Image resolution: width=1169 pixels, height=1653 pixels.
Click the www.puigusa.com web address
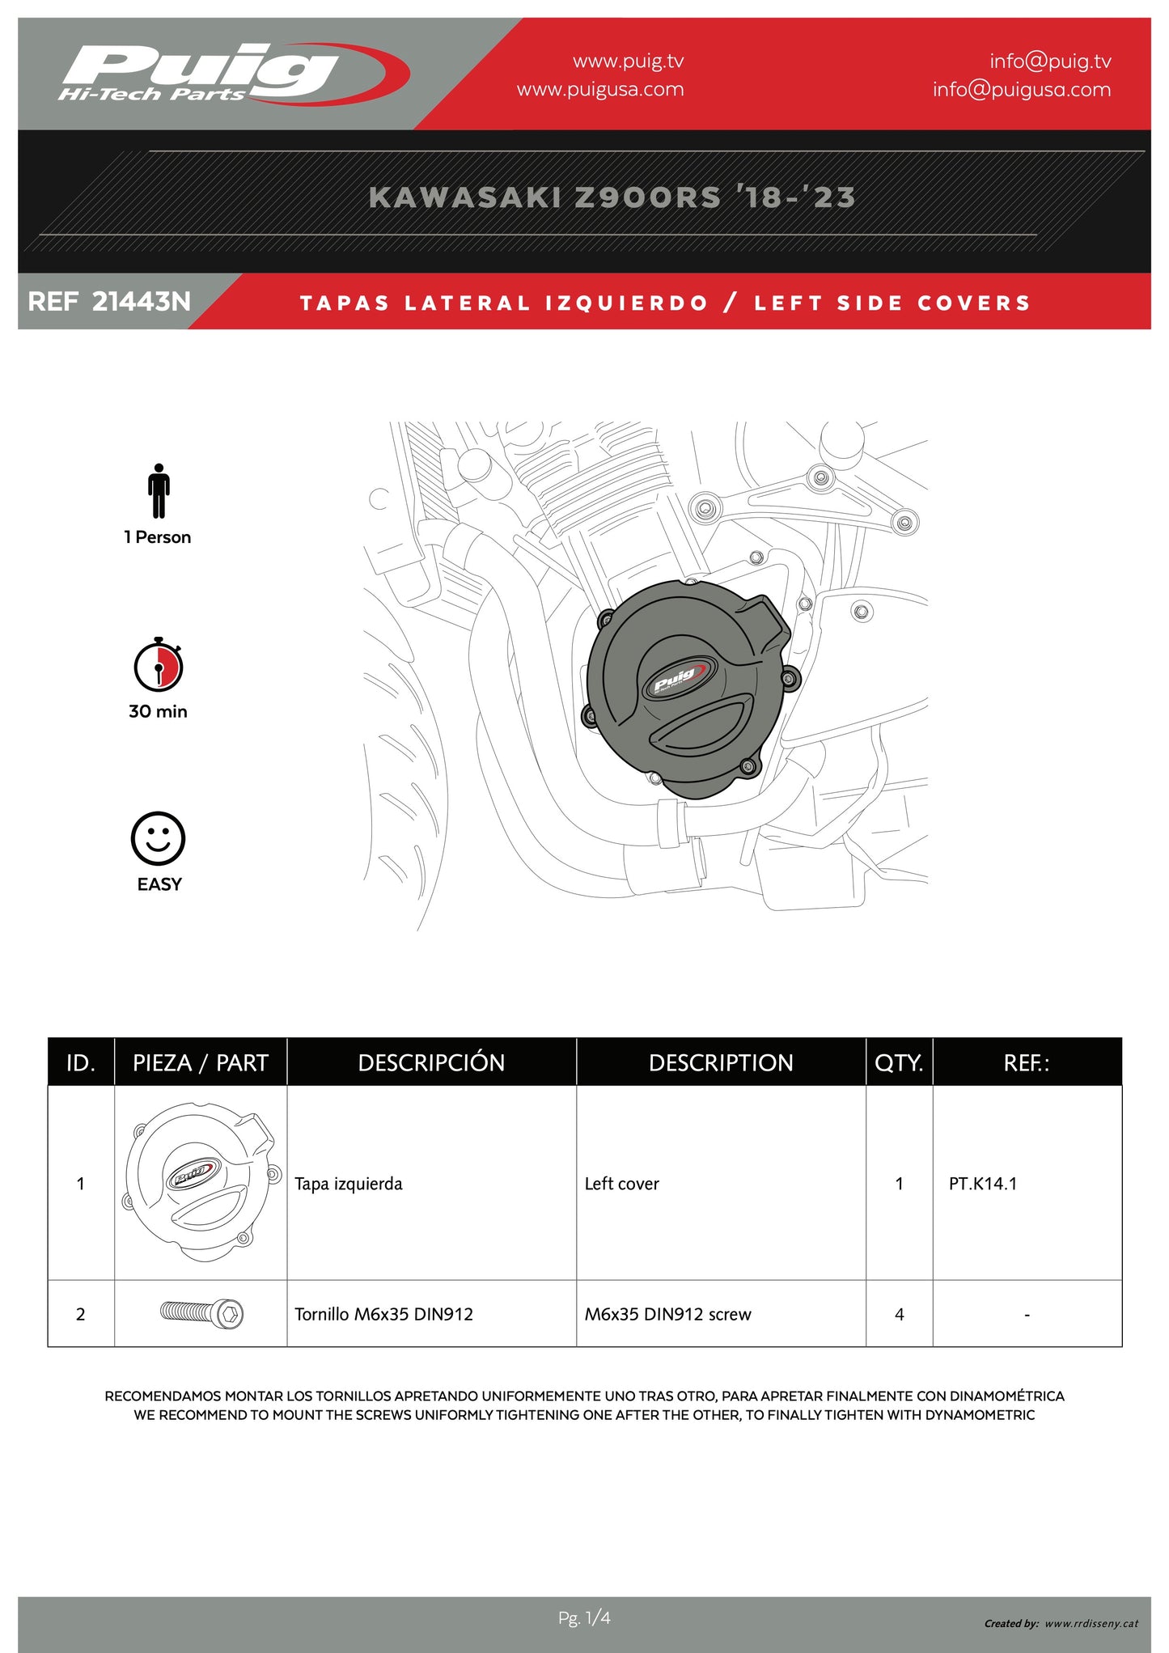click(x=600, y=89)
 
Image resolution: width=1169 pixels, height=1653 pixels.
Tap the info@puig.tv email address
click(x=1050, y=61)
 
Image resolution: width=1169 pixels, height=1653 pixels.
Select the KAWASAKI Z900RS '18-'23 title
click(x=612, y=197)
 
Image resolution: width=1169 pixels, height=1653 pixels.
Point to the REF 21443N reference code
click(x=109, y=302)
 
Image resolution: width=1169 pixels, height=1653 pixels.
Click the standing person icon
click(x=159, y=490)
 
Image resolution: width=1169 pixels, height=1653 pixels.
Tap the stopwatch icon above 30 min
click(x=159, y=664)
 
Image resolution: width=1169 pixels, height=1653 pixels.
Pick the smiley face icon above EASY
click(x=158, y=839)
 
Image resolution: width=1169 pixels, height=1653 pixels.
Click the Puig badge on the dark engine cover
click(x=679, y=680)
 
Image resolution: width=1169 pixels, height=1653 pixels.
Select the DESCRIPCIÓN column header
click(x=431, y=1062)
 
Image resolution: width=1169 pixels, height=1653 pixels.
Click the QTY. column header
click(x=899, y=1062)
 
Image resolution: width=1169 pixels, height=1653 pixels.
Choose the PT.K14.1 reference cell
click(x=983, y=1183)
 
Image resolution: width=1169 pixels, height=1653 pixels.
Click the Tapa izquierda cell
click(x=348, y=1184)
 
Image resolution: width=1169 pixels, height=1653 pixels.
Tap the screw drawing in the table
click(x=201, y=1312)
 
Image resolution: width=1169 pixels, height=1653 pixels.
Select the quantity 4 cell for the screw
click(x=899, y=1314)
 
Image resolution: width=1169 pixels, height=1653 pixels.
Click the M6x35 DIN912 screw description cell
click(x=667, y=1314)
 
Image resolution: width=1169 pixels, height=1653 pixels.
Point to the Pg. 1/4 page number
click(x=584, y=1618)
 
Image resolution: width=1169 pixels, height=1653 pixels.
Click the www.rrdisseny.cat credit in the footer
click(x=1091, y=1623)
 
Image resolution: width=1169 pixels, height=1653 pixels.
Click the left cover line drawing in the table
click(x=201, y=1182)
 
